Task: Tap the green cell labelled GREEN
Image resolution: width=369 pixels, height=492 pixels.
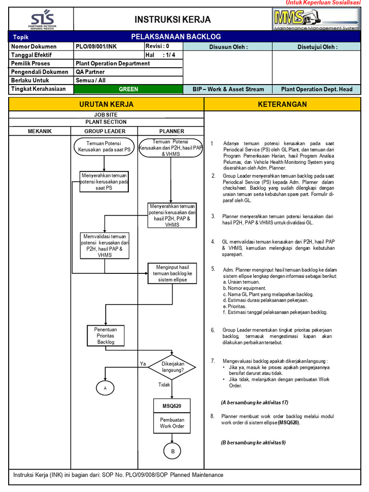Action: tap(128, 89)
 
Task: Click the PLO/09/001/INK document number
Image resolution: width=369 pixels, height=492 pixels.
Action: tap(96, 47)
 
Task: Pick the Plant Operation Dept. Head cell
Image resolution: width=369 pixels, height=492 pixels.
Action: tap(317, 89)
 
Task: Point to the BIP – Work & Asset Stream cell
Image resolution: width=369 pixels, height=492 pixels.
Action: tap(228, 89)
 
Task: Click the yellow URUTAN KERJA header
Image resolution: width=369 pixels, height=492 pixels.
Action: tap(106, 104)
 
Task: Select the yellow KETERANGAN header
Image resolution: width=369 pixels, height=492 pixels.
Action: tap(282, 104)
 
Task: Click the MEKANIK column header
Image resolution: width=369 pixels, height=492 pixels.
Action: tap(39, 131)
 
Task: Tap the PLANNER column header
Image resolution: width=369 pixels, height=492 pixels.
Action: tap(172, 131)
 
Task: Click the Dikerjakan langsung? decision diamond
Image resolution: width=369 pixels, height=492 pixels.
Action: tap(172, 367)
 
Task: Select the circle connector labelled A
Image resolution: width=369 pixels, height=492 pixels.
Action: tap(105, 387)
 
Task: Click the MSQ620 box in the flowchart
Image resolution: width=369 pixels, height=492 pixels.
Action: tap(172, 406)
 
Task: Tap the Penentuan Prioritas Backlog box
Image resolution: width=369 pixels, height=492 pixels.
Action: tap(106, 335)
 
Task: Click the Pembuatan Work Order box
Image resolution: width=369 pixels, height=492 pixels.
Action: tap(172, 423)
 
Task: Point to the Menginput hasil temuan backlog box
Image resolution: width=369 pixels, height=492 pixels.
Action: tap(172, 273)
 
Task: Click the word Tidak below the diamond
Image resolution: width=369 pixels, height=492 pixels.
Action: tap(164, 385)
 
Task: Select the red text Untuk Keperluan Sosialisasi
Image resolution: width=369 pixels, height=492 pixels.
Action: tap(323, 3)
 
